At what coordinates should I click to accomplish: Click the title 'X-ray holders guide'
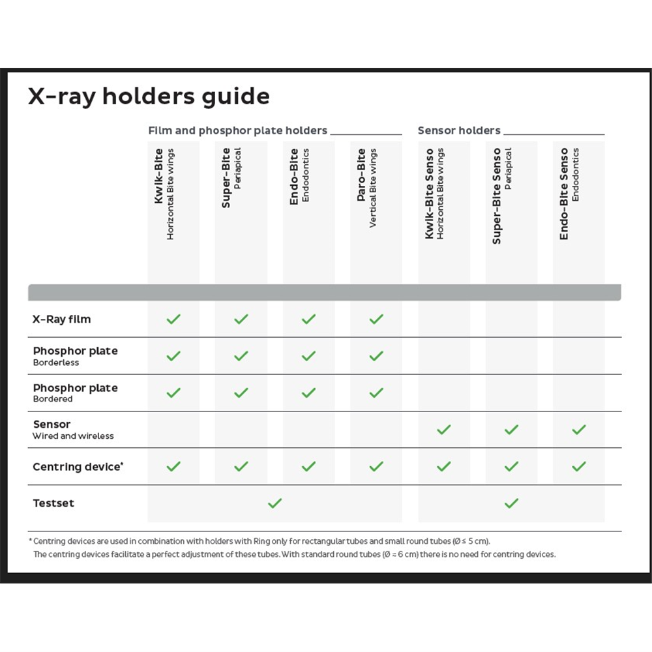pos(149,97)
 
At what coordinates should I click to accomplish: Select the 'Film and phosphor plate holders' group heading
pos(238,130)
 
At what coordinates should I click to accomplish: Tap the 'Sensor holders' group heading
pos(459,130)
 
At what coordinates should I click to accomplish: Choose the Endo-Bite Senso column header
pos(569,193)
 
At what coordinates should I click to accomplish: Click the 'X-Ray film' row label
pos(62,319)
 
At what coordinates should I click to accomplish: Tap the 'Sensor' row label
pos(52,424)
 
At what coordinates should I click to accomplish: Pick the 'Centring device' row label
pos(77,467)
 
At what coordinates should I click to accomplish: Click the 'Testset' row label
pos(53,503)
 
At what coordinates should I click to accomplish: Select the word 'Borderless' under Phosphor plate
pos(56,363)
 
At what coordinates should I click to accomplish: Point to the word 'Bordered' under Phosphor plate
pos(53,399)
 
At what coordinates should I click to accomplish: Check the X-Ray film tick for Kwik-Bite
pos(173,319)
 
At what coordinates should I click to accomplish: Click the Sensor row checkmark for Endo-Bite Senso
pos(578,430)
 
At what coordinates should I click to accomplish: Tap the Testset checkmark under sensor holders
pos(511,503)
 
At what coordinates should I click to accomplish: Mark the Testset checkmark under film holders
pos(275,503)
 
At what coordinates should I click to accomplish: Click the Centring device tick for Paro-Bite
pos(376,467)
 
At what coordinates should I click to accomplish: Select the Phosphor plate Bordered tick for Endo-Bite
pos(308,393)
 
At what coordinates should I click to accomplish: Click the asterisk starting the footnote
pos(30,541)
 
